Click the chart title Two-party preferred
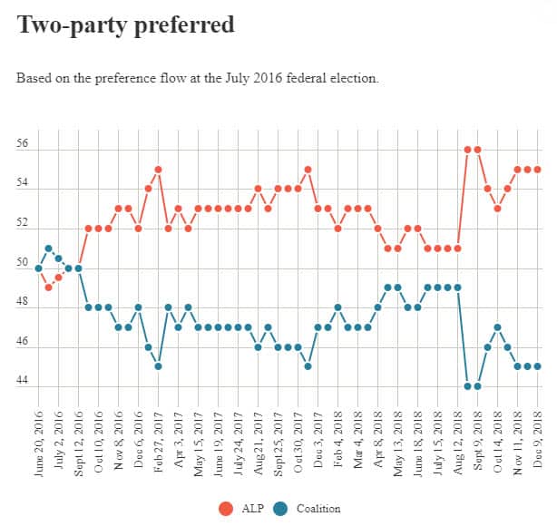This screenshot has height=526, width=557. click(125, 24)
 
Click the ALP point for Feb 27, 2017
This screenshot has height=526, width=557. click(158, 170)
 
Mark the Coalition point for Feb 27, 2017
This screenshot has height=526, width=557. click(158, 366)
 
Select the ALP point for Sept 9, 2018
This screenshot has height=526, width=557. click(478, 150)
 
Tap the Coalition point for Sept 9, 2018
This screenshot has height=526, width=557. click(478, 386)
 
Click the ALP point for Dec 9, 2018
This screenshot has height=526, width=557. click(538, 170)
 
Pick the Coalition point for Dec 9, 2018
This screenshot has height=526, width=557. click(538, 366)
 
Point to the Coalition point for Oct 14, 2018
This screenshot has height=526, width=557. click(498, 327)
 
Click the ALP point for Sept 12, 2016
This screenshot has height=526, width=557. click(78, 268)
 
